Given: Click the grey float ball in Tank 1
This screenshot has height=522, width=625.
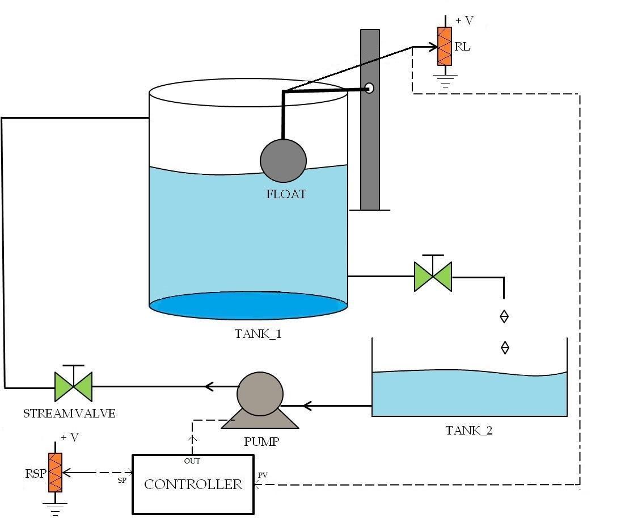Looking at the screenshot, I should (x=283, y=160).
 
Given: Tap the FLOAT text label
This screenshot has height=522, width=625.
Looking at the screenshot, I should (x=286, y=194).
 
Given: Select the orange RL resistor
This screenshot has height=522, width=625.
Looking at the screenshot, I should (x=444, y=47).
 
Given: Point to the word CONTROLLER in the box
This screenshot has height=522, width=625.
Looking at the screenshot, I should (x=193, y=485).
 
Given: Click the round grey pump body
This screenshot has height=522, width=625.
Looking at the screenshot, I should (x=260, y=394).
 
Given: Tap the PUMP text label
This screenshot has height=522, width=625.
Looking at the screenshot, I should (x=261, y=441).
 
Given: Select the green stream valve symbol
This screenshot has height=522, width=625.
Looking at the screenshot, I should (x=73, y=386).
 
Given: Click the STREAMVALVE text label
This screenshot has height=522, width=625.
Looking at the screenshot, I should (x=69, y=414).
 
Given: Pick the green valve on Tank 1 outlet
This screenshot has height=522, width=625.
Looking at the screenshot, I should (x=433, y=277).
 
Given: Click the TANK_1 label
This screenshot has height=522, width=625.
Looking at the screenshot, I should (x=258, y=334).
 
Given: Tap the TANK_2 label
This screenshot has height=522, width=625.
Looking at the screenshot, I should (x=469, y=431).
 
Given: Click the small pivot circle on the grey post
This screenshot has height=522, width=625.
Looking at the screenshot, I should (x=369, y=88).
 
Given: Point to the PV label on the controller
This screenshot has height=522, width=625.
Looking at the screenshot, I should (x=263, y=474).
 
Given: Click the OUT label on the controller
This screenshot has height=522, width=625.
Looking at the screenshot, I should (x=192, y=461).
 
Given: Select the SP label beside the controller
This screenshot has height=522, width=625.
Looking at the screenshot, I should (x=122, y=481).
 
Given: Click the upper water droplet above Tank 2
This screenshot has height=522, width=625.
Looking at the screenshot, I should (x=504, y=316).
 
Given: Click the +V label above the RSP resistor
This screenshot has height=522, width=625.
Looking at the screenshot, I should (x=70, y=437).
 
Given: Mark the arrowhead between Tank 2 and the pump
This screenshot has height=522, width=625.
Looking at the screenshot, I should (x=307, y=406).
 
